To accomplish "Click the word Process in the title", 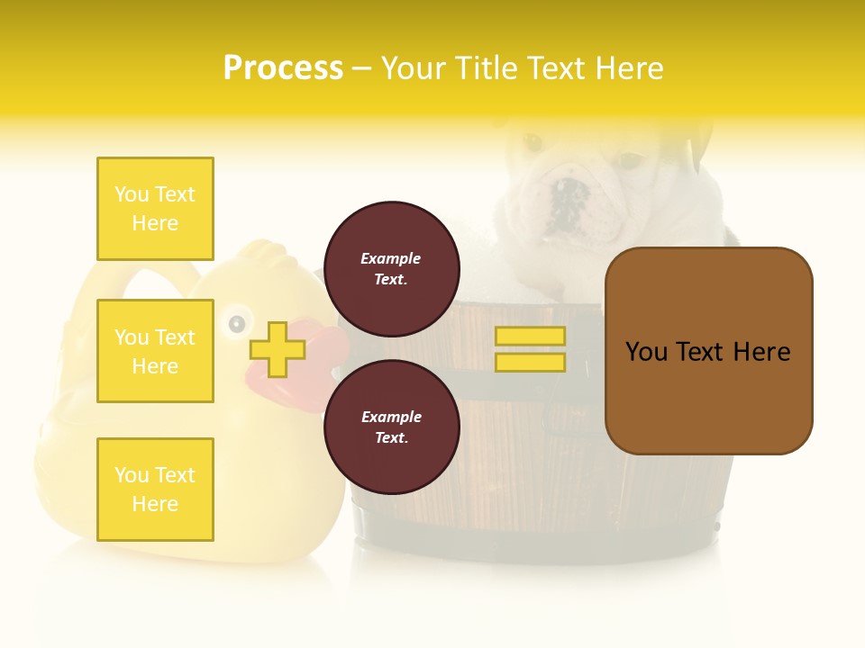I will coord(283,68).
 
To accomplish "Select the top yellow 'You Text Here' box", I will coord(155,209).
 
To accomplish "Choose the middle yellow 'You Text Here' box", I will coord(155,351).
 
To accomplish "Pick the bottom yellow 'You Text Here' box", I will coord(155,490).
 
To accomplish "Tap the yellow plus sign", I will coord(277,349).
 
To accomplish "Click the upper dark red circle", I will coord(391,269).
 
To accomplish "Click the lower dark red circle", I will coord(391,427).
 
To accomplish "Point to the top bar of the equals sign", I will coord(530,337).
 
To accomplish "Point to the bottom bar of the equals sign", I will coord(530,363).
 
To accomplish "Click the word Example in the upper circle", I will coord(391,258).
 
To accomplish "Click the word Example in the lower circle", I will coord(391,417).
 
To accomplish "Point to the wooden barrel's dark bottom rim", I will coord(541,531).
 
